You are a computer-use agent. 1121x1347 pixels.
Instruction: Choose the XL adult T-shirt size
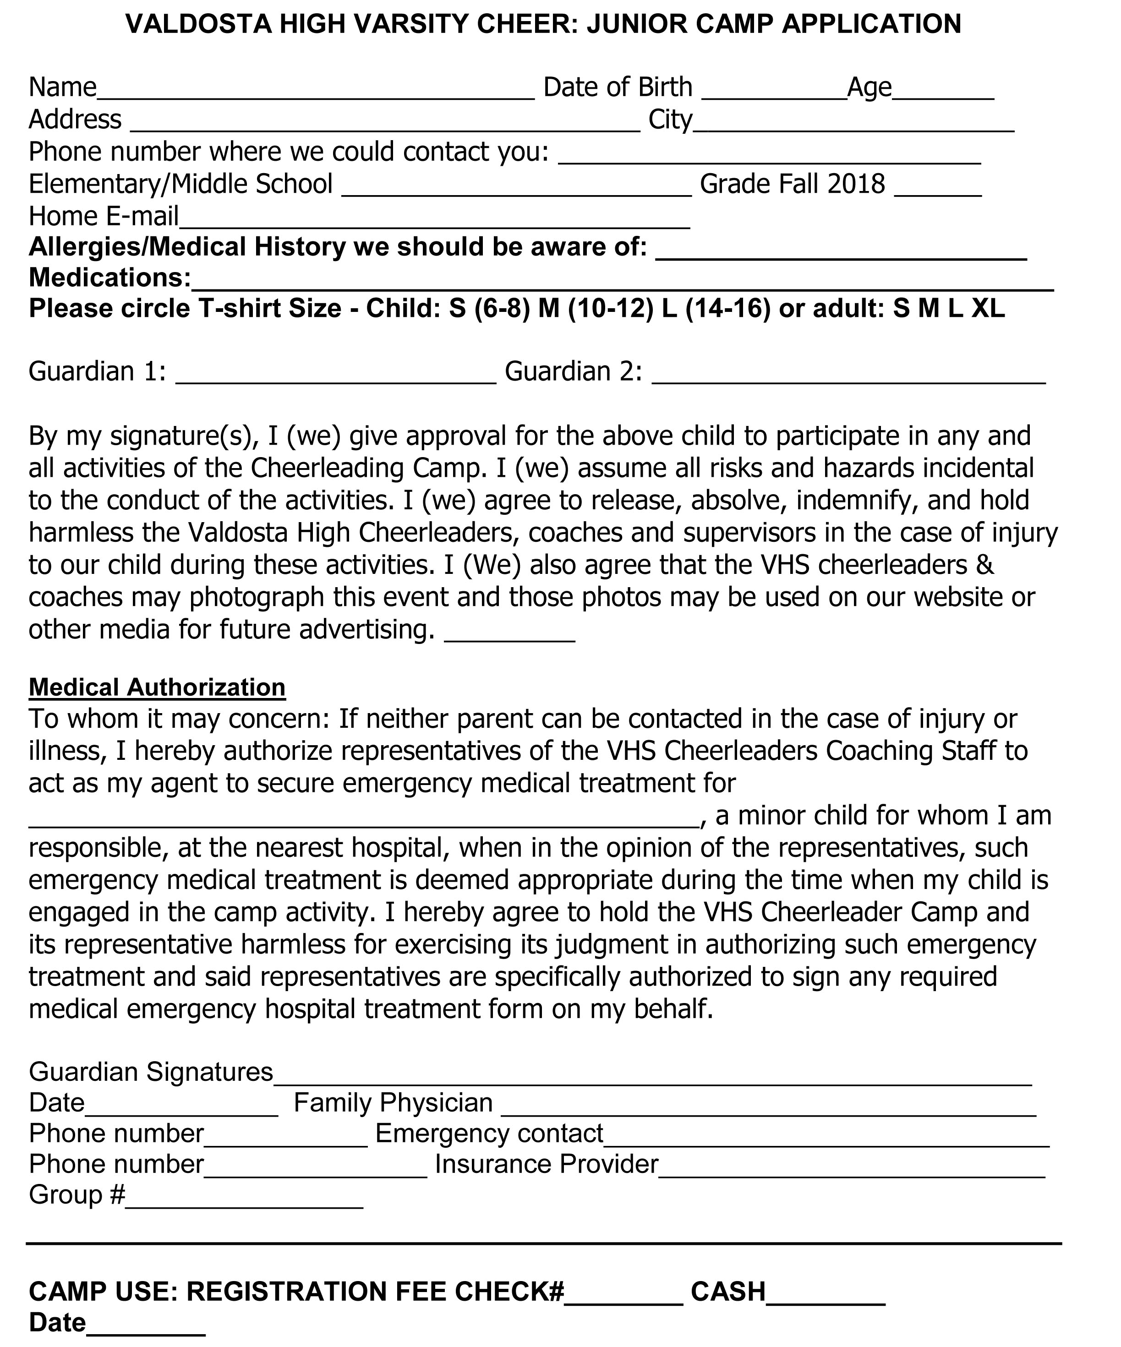[x=988, y=309]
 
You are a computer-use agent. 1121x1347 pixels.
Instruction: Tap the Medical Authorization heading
[x=157, y=687]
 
